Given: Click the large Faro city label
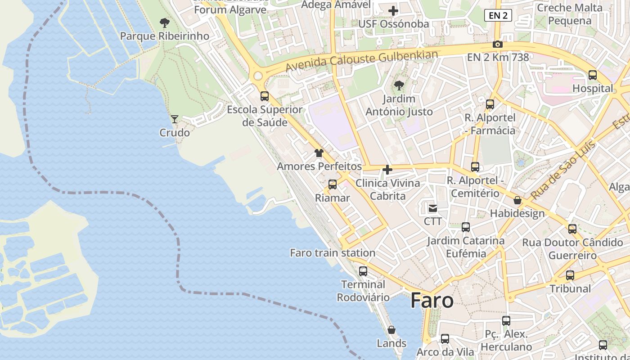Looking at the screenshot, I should click(x=432, y=301).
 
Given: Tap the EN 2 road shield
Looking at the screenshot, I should click(x=498, y=15).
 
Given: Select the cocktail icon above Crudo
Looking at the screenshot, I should click(x=175, y=119).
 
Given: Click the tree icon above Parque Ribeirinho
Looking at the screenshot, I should click(x=165, y=22).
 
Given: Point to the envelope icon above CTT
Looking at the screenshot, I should click(x=432, y=208).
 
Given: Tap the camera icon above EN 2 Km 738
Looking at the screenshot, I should click(x=497, y=44).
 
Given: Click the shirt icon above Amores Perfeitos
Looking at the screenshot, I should click(x=319, y=153).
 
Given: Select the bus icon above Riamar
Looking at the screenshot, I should click(x=333, y=184).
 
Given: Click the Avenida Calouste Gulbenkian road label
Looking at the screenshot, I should click(x=362, y=60).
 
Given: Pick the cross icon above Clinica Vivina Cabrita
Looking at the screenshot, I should click(x=387, y=170).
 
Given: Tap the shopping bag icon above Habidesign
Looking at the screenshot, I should click(x=517, y=200).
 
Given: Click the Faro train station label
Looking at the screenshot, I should click(x=333, y=253).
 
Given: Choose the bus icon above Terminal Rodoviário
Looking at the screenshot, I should click(x=363, y=271).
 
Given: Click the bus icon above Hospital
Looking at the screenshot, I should click(x=593, y=75).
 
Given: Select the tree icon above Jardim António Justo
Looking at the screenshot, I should click(x=399, y=85).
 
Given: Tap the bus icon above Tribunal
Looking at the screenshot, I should click(x=570, y=275).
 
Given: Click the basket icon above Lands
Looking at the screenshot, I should click(x=391, y=330).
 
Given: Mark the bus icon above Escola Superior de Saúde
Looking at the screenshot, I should click(x=265, y=96).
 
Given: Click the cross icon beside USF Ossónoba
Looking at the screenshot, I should click(x=394, y=11).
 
